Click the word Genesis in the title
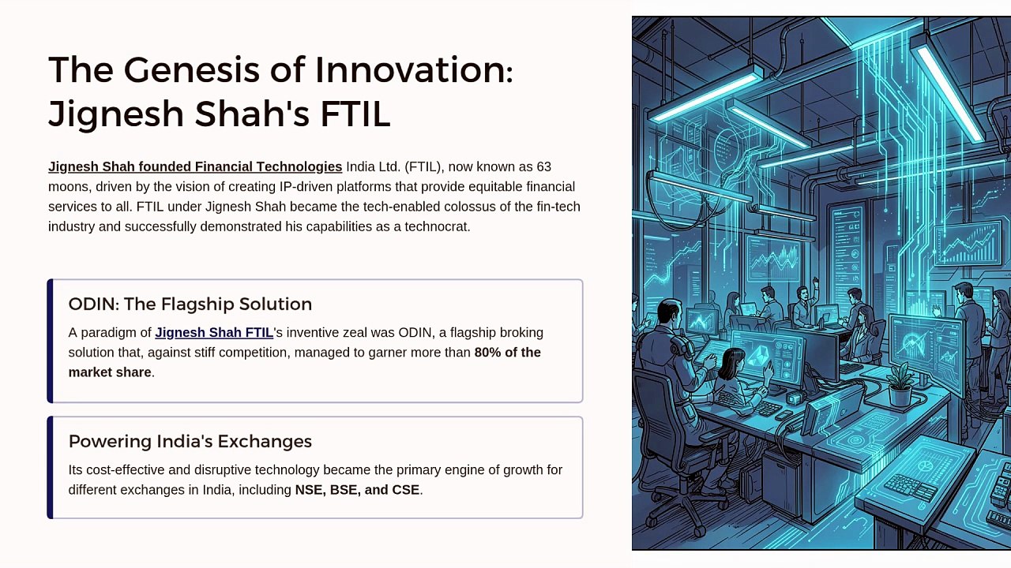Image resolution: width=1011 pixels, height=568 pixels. [191, 70]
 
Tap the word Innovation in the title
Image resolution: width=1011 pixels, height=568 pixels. [414, 70]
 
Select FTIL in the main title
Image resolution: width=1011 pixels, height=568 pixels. [355, 114]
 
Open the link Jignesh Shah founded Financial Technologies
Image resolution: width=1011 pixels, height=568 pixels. [195, 166]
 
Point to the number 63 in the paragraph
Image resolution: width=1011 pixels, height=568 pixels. [543, 166]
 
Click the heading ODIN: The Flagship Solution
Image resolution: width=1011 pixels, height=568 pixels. [190, 304]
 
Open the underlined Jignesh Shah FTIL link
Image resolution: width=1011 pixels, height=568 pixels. [214, 333]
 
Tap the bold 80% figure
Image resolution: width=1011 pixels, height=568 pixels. [487, 352]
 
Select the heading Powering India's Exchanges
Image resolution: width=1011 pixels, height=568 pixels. [190, 441]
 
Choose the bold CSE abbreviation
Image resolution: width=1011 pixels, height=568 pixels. [405, 490]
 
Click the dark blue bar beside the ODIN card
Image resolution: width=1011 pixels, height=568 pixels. [50, 341]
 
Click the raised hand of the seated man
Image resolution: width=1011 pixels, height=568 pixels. [816, 282]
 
